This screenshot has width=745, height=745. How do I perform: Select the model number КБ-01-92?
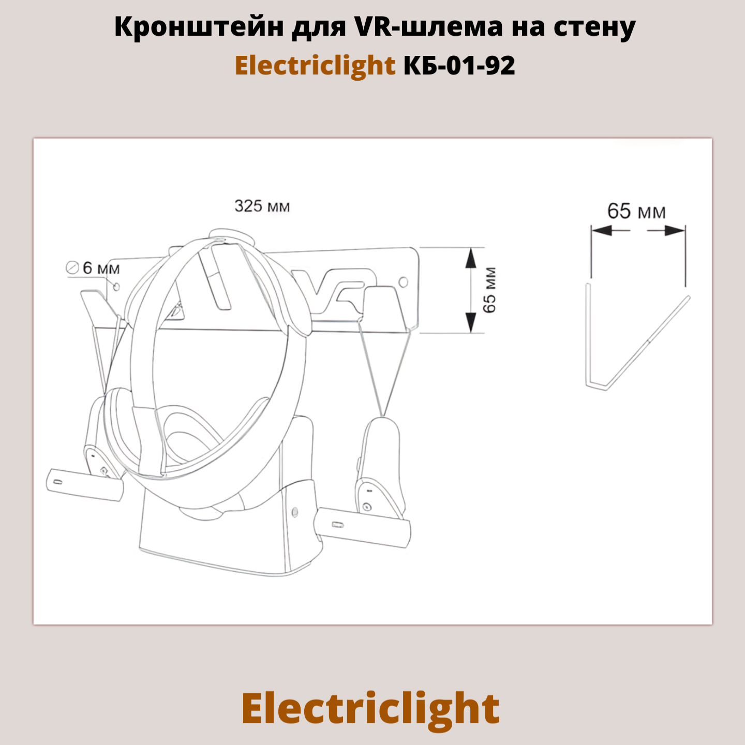[x=459, y=66]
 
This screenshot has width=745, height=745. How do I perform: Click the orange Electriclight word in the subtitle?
[x=315, y=66]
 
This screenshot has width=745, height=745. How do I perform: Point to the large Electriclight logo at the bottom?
[x=370, y=709]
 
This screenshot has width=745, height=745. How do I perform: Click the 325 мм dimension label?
[x=262, y=206]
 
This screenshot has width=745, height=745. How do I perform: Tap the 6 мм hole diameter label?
[x=101, y=268]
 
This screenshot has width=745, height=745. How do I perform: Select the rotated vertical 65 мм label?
[x=489, y=290]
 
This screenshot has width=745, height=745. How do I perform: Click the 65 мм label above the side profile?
[x=636, y=212]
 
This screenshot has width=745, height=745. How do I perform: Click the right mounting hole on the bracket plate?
[x=404, y=282]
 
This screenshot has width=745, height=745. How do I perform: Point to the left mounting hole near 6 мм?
[x=116, y=286]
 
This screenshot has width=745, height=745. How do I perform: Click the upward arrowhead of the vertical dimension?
[x=471, y=257]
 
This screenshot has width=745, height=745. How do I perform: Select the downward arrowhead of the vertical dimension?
[x=471, y=324]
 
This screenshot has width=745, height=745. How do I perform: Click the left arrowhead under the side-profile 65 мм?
[x=600, y=230]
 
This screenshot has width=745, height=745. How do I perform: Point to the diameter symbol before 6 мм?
[x=72, y=268]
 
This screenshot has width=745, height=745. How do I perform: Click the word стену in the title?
[x=595, y=27]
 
